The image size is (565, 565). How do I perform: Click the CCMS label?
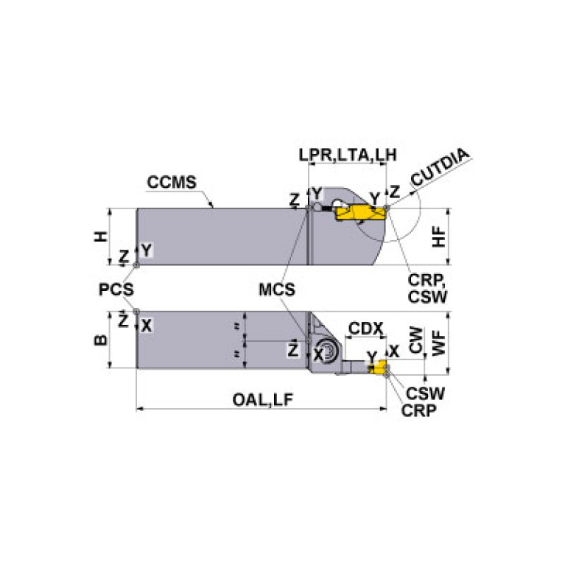point(172,182)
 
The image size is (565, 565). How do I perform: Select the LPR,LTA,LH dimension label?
point(348,155)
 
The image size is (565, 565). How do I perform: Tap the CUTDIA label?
point(440,168)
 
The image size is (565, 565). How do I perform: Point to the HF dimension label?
point(440,236)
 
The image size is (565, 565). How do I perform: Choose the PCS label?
point(116,289)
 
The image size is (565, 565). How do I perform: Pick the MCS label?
point(276,289)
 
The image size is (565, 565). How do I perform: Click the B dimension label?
point(103,340)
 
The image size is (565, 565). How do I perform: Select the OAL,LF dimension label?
point(262,399)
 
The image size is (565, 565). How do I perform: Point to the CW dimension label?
point(416,341)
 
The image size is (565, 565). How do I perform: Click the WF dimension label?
point(440,341)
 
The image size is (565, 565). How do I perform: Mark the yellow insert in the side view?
point(360,213)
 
